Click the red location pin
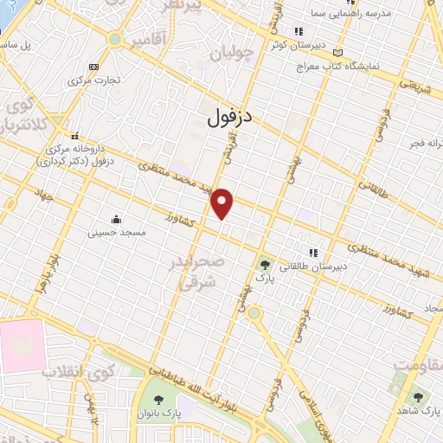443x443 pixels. (223, 202)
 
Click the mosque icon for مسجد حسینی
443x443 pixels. (117, 218)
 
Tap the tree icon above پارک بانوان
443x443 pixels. (158, 400)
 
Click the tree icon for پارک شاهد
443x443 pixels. (419, 397)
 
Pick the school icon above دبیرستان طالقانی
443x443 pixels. (313, 252)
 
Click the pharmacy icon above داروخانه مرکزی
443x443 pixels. (76, 136)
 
